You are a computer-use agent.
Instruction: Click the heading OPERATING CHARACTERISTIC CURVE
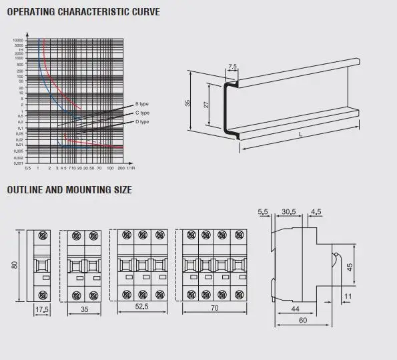click(83, 12)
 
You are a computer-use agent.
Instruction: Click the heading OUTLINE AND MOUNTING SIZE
click(69, 190)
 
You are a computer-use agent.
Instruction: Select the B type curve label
click(142, 105)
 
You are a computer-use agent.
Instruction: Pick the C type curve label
click(142, 113)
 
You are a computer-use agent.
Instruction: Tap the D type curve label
click(142, 122)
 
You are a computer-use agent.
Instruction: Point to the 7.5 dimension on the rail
click(232, 67)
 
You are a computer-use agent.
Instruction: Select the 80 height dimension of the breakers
click(13, 266)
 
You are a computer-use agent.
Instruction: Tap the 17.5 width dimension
click(42, 310)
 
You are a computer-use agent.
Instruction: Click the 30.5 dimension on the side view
click(290, 212)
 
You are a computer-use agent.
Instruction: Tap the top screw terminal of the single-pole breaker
click(43, 236)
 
